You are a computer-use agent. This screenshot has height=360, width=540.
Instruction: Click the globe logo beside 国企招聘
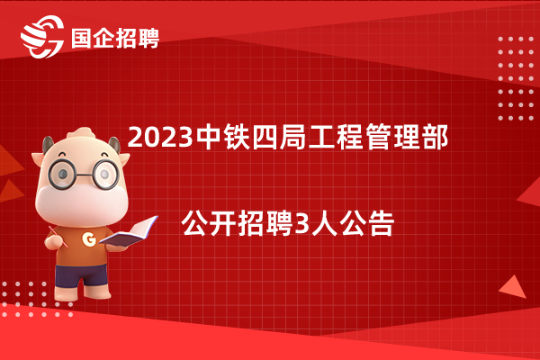tap(42, 37)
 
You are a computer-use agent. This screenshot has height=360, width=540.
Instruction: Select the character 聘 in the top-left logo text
tap(148, 38)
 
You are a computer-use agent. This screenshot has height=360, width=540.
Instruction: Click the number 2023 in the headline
tap(160, 138)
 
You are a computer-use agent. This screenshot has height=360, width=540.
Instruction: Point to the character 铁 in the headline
tap(237, 137)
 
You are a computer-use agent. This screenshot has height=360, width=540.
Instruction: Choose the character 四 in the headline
tap(265, 137)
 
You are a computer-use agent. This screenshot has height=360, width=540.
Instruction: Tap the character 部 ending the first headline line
tap(436, 137)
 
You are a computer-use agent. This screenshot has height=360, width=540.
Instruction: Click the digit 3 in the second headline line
tap(302, 224)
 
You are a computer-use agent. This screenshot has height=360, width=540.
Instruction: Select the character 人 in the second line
tap(324, 224)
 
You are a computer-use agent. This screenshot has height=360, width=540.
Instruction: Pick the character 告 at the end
tap(382, 224)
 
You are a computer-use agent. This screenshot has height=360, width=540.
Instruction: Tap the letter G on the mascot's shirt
tap(89, 238)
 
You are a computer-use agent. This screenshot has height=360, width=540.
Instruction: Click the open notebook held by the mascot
tap(129, 233)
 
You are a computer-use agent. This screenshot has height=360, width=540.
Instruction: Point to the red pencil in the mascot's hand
tap(58, 237)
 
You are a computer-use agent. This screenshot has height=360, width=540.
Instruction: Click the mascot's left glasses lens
tap(62, 174)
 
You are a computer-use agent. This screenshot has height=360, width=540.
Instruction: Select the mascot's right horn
tap(114, 144)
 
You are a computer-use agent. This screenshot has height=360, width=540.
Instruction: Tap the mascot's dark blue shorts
tap(82, 274)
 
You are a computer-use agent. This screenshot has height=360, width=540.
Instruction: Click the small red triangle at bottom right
tap(513, 287)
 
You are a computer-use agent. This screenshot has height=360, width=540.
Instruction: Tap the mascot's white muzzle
tap(82, 204)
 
